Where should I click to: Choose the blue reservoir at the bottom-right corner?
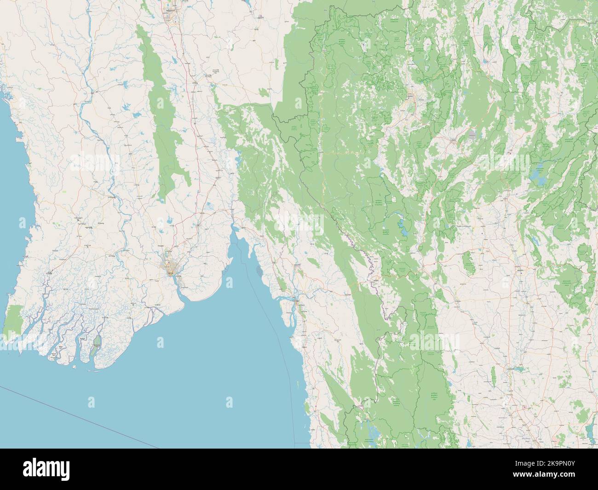pos(591,431)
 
